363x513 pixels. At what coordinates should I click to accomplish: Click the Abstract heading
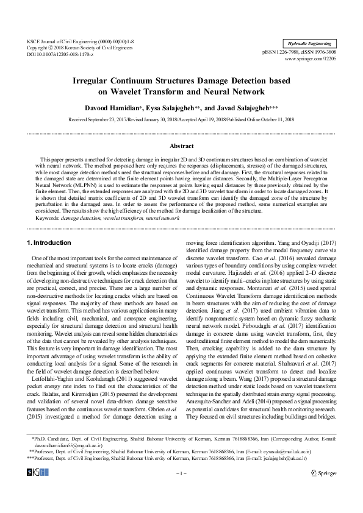181,146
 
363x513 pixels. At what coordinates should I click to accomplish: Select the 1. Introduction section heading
49,243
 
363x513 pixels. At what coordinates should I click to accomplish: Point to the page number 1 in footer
181,490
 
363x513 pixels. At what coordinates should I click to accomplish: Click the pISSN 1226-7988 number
284,53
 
